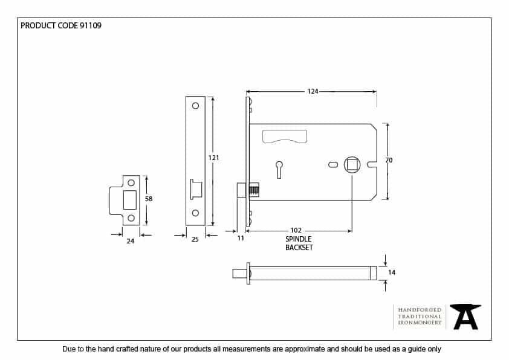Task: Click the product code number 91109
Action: tap(90, 25)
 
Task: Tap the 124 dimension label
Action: tap(313, 92)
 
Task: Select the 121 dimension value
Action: tap(213, 158)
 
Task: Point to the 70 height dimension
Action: tap(389, 160)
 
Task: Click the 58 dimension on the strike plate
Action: tap(149, 198)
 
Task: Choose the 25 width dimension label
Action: tap(195, 240)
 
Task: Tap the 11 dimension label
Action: tap(240, 239)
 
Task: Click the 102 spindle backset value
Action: tap(296, 231)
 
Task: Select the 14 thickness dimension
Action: tap(392, 273)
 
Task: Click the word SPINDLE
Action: tap(299, 239)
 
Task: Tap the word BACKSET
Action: tap(299, 248)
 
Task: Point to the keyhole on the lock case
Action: tap(279, 167)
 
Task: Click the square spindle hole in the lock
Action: tap(352, 164)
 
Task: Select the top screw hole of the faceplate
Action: tap(195, 106)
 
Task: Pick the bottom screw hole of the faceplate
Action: tap(195, 213)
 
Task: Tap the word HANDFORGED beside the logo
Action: tap(420, 310)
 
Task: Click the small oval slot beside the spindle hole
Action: tap(332, 164)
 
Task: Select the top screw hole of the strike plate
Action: tap(131, 182)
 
